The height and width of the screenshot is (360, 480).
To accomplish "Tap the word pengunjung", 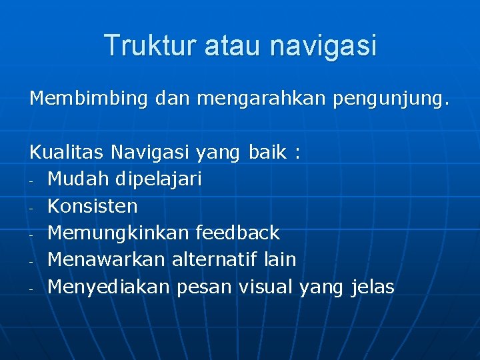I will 390,99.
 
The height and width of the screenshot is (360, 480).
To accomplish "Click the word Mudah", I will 79,179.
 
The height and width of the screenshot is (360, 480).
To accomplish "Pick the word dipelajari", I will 158,179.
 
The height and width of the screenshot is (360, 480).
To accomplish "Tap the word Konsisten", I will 93,206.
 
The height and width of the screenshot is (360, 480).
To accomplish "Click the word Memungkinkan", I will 119,233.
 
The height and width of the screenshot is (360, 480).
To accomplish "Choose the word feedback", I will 238,233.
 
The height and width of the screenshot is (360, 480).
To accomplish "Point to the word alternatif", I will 215,260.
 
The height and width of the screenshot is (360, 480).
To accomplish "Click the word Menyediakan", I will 110,287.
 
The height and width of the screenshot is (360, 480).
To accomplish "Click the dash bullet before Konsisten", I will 31,208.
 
